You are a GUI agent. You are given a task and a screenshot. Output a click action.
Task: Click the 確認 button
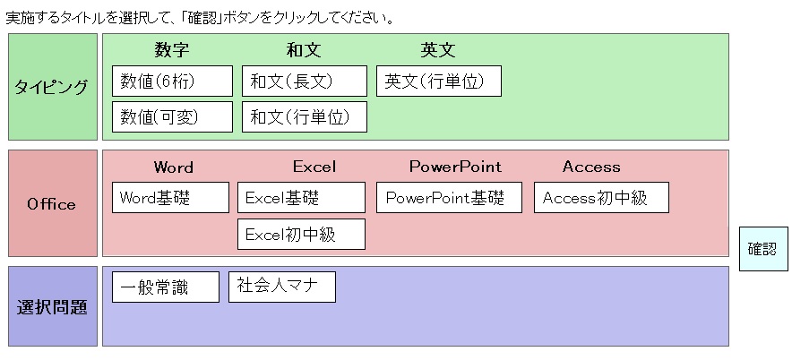click(763, 249)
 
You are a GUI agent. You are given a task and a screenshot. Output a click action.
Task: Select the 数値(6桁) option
click(172, 81)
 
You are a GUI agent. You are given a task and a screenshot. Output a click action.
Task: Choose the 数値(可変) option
click(172, 117)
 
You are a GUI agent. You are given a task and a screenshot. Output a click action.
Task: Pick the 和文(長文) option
click(305, 81)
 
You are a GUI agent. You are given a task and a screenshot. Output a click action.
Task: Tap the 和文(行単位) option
click(305, 117)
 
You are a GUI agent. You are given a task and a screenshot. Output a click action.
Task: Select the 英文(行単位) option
click(439, 81)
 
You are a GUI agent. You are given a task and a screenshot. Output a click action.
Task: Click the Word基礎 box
click(171, 197)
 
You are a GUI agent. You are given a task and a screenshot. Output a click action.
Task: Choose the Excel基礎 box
click(302, 197)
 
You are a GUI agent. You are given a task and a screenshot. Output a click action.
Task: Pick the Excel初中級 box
click(302, 235)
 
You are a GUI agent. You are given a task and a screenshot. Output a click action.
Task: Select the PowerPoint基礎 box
click(449, 197)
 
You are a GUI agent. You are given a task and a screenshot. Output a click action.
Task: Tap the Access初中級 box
click(601, 197)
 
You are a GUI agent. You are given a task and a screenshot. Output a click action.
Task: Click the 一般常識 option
click(166, 287)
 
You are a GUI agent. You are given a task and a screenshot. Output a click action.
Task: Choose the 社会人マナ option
click(282, 287)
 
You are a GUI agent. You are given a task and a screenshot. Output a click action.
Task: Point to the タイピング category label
click(53, 87)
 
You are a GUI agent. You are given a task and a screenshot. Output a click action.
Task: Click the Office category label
click(53, 203)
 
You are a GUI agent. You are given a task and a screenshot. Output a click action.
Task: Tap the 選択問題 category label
click(53, 306)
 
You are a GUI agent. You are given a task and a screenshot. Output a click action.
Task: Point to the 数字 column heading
click(172, 50)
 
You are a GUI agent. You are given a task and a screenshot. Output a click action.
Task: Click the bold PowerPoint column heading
click(456, 167)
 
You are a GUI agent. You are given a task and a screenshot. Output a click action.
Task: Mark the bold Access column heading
click(591, 167)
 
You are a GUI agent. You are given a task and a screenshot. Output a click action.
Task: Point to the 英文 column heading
click(438, 50)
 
